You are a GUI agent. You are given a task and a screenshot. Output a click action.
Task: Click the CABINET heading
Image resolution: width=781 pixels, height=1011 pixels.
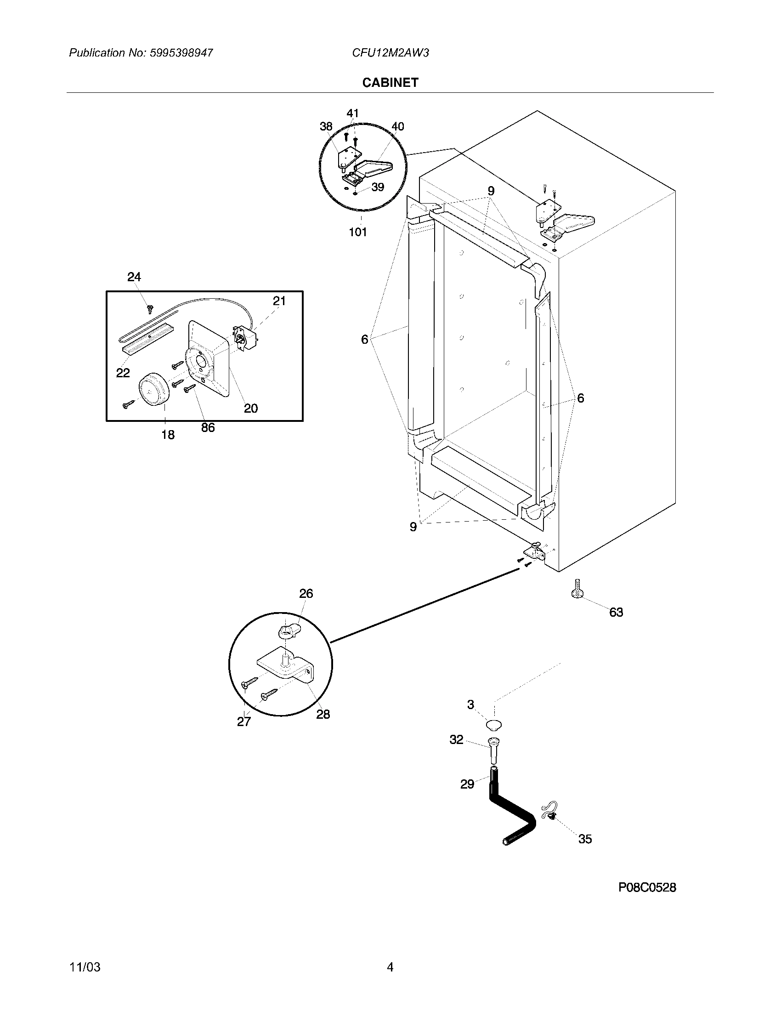[390, 82]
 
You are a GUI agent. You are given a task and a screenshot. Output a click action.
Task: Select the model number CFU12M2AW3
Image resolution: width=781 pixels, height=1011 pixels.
[390, 53]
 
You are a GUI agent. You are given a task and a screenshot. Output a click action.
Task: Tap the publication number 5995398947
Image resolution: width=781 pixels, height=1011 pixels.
[181, 53]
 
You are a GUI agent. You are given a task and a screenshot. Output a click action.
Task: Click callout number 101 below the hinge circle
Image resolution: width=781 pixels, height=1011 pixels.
[357, 232]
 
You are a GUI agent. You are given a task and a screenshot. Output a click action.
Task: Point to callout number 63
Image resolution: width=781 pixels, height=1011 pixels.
[616, 613]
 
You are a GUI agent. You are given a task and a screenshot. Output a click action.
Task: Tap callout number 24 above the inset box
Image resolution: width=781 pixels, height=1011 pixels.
[134, 277]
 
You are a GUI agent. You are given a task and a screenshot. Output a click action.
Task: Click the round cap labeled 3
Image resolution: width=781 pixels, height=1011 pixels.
[495, 724]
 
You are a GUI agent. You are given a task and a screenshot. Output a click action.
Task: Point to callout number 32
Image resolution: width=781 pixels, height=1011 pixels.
[456, 740]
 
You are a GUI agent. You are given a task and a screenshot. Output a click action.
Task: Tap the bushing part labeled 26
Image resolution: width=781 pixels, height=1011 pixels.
[288, 630]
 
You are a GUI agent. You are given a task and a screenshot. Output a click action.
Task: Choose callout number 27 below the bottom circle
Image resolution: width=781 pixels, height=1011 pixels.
[244, 721]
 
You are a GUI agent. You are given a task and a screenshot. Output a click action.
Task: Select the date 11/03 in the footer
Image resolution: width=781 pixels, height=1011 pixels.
[85, 967]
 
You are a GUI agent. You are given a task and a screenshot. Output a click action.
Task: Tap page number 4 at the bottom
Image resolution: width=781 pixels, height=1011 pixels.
[390, 967]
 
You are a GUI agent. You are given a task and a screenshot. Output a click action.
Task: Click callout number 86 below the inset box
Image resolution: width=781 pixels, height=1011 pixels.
[208, 427]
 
